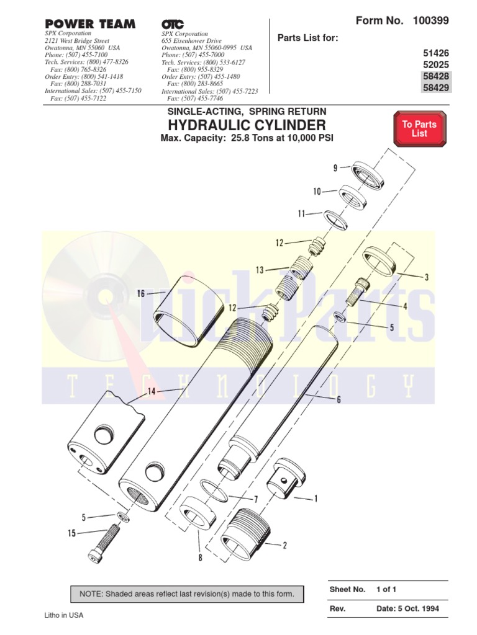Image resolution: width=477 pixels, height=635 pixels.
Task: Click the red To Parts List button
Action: coord(419,129)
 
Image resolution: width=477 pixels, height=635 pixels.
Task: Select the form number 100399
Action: coord(430,21)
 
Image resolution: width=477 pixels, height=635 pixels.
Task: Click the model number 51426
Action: coord(435,54)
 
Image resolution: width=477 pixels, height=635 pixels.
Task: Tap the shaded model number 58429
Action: coord(435,87)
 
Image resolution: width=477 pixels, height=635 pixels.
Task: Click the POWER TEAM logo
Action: coord(89,24)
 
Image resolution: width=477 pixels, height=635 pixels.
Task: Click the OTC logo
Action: coord(173,24)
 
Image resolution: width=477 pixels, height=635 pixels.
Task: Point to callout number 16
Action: coord(142,293)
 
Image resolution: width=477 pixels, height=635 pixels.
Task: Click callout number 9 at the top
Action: coord(335,167)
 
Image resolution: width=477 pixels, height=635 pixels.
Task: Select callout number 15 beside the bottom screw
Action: coord(71,532)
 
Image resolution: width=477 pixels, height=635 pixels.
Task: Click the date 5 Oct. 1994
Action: coord(407,608)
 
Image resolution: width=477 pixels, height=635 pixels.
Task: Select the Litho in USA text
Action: coord(63,615)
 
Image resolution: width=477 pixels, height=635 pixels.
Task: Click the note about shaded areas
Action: coord(186,594)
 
